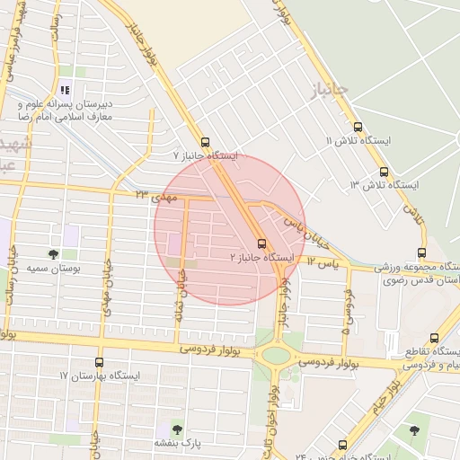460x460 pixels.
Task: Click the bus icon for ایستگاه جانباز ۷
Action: coord(206,142)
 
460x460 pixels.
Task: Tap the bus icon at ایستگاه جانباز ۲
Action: coord(261,243)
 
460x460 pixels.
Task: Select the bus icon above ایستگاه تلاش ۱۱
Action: coord(358,128)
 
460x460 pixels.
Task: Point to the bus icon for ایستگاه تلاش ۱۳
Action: coord(384,172)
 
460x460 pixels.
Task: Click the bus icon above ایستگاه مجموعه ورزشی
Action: coord(422,254)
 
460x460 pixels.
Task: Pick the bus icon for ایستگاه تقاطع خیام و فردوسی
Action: coord(435,339)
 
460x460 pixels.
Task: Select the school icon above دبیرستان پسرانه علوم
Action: coord(64,90)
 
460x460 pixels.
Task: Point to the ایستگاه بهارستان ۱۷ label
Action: coord(99,374)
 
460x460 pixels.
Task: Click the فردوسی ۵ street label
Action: coord(345,306)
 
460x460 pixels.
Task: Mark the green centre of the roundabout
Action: coord(276,354)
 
